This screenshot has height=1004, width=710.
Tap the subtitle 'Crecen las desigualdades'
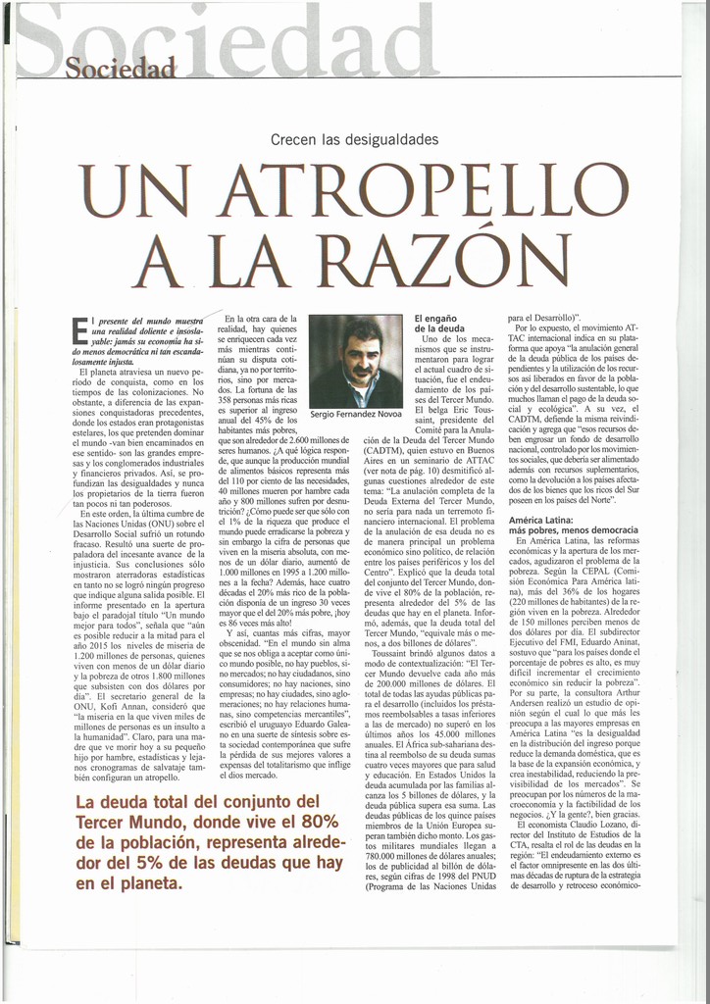[x=354, y=140]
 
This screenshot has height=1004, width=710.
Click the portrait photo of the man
[x=355, y=361]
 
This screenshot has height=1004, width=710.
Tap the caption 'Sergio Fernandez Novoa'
[x=355, y=415]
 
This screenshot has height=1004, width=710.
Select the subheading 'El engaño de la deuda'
[x=440, y=325]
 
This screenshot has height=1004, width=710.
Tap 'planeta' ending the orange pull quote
[x=128, y=885]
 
